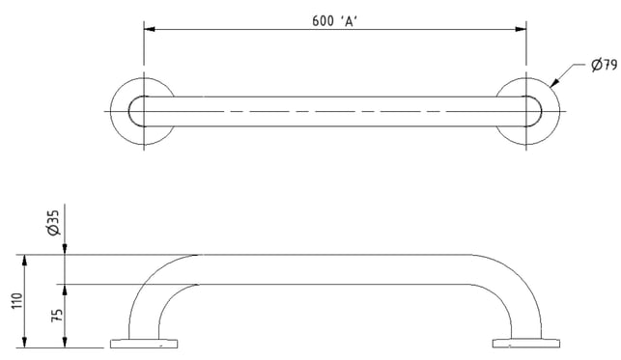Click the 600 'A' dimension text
tap(335, 20)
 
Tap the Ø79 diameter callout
tap(604, 65)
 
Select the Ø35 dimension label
tap(53, 223)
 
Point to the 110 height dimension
tap(17, 301)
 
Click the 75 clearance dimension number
tap(57, 315)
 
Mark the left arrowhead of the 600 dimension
tap(150, 29)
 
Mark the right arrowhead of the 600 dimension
tap(521, 29)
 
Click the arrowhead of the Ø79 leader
tap(554, 82)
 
